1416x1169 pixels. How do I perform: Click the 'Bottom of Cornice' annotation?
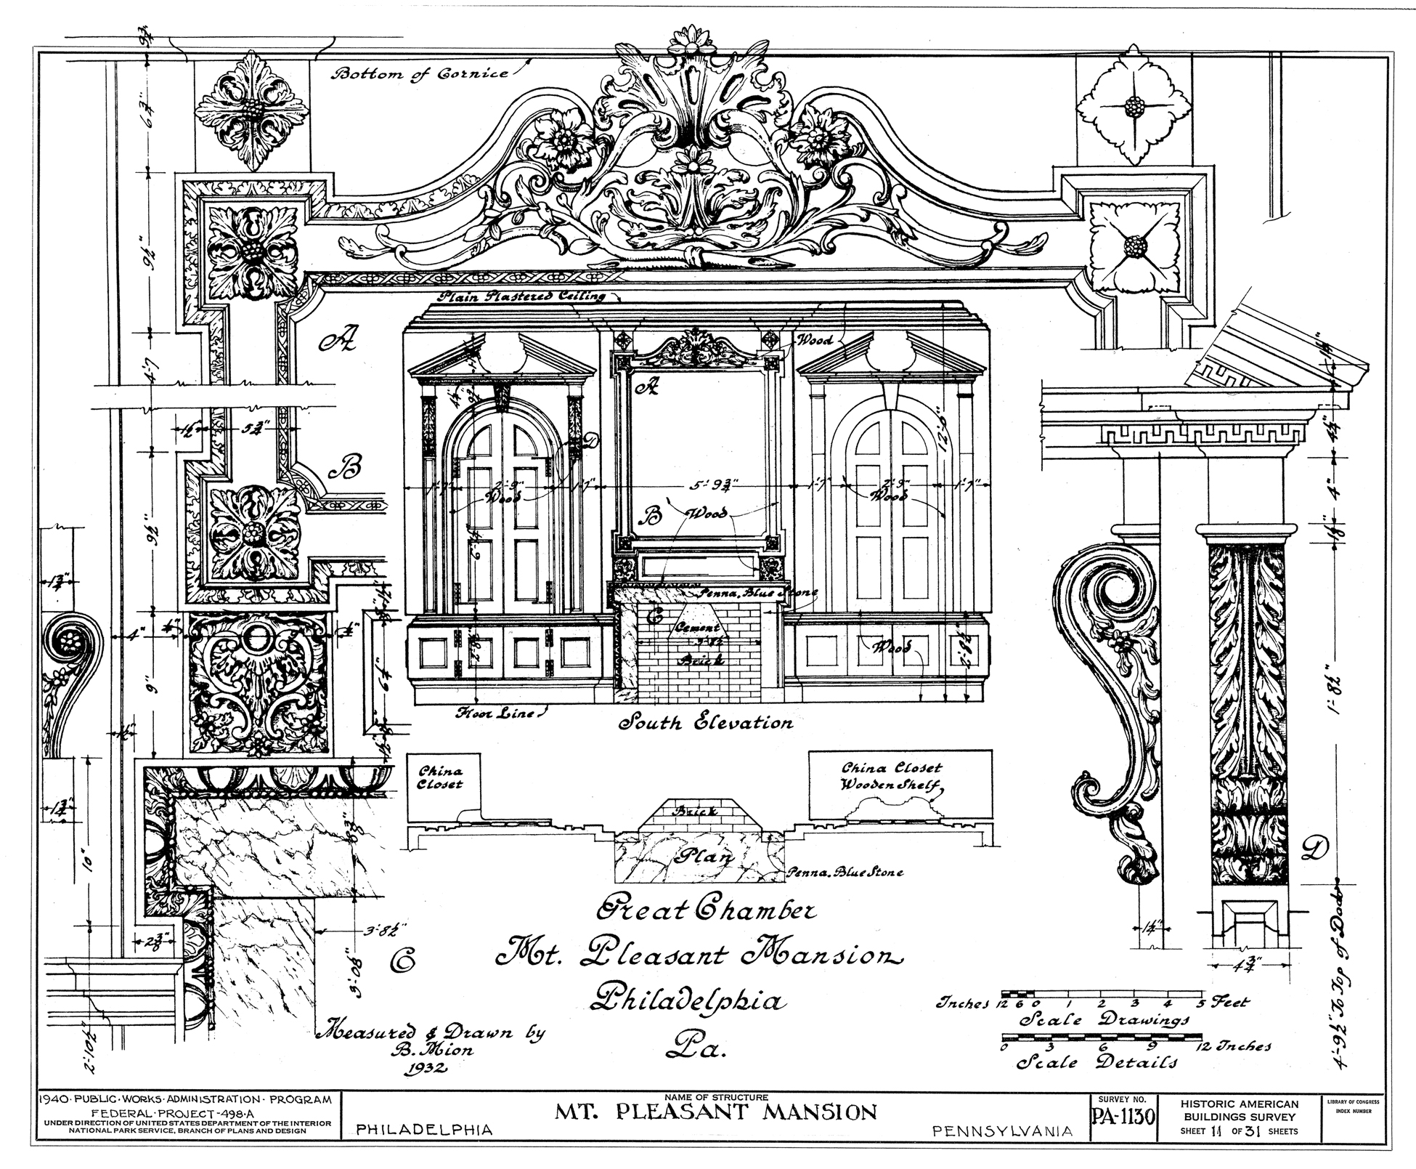point(420,73)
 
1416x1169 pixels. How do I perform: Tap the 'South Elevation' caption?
point(704,723)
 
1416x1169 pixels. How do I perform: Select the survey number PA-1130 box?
point(1123,1115)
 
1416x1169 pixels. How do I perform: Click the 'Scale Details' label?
point(1096,1062)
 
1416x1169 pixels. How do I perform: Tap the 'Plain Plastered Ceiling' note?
point(521,296)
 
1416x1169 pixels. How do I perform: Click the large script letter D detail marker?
point(1315,849)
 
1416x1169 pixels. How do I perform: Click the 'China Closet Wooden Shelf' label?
point(892,776)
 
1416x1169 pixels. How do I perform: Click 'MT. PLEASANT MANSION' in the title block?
point(716,1112)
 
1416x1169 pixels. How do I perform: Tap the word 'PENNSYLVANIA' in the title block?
point(1001,1130)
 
